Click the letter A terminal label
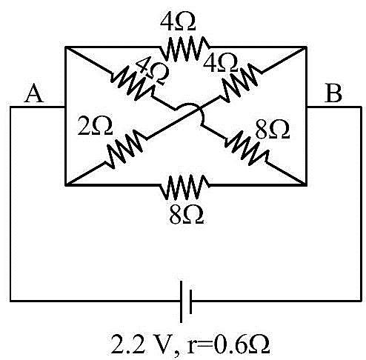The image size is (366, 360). tap(34, 93)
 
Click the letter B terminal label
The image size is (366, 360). tap(333, 93)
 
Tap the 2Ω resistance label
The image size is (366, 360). tap(95, 126)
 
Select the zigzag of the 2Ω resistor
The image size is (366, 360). tap(124, 149)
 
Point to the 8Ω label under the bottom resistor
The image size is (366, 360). tap(187, 215)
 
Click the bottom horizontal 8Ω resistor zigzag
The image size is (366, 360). tap(184, 187)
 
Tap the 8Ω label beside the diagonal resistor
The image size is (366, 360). tap(273, 129)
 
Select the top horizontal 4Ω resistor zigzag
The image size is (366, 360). tap(184, 49)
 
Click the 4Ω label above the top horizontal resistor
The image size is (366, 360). tap(178, 21)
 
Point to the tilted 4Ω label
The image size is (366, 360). tap(153, 72)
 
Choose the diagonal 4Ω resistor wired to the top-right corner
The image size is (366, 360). tap(240, 82)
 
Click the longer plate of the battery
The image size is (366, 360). tap(182, 301)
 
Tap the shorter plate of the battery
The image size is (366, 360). tap(190, 301)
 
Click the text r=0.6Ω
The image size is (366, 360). tap(228, 344)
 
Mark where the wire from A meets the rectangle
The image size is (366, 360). tap(65, 107)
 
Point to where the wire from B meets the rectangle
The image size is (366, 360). tap(306, 107)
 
